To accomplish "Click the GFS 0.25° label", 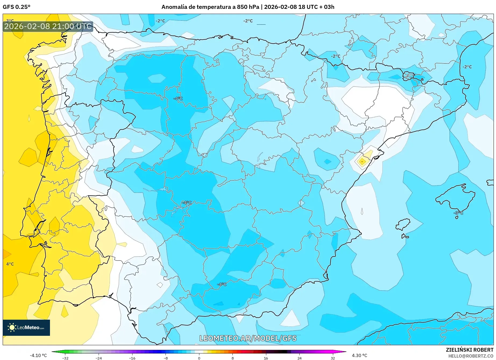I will coord(16,7).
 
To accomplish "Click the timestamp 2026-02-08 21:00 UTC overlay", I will coord(48,26).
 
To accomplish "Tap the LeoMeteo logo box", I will coord(26,327).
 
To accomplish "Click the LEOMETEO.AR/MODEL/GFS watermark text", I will coord(248,338).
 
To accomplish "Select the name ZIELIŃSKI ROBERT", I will coord(470,350).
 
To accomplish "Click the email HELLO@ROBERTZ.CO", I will coord(471,356).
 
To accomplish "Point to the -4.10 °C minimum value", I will coord(38,355).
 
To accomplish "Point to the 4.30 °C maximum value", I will coord(359,355).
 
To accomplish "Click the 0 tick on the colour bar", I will coord(199,358).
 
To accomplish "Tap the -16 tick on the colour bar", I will coord(132,358).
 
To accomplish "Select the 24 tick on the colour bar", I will coord(299,358).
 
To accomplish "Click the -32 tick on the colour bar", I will coord(65,358).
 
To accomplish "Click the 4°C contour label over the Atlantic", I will coord(10,264).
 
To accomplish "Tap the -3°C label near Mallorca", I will coord(458,213).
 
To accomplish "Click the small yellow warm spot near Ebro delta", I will coord(362,161).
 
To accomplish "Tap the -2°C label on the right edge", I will coord(467,67).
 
